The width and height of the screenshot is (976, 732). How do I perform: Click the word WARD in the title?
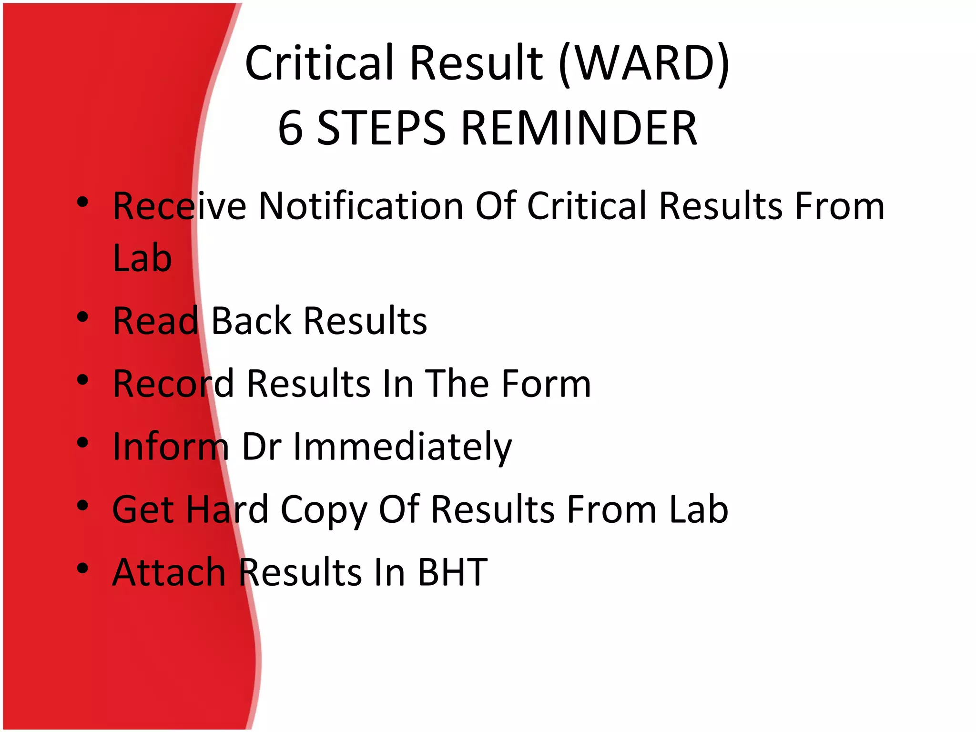[643, 63]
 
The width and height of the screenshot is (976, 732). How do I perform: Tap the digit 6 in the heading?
[291, 128]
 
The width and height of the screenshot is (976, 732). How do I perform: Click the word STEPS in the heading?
[381, 128]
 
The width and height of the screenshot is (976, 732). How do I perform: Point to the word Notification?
[361, 206]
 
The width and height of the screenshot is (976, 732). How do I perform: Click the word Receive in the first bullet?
[179, 206]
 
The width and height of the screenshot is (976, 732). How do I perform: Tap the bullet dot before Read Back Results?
[83, 317]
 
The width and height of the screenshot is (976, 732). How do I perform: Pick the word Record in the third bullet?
[173, 384]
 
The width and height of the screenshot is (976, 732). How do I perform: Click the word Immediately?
[402, 447]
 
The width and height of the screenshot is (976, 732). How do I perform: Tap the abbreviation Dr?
[261, 447]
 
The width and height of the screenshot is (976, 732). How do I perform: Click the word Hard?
[227, 509]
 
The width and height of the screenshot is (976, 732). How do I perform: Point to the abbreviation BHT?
[452, 572]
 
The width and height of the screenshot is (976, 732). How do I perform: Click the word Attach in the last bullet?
[169, 572]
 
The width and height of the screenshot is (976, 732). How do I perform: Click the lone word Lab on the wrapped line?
[142, 258]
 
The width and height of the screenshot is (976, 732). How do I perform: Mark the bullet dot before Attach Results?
[83, 568]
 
